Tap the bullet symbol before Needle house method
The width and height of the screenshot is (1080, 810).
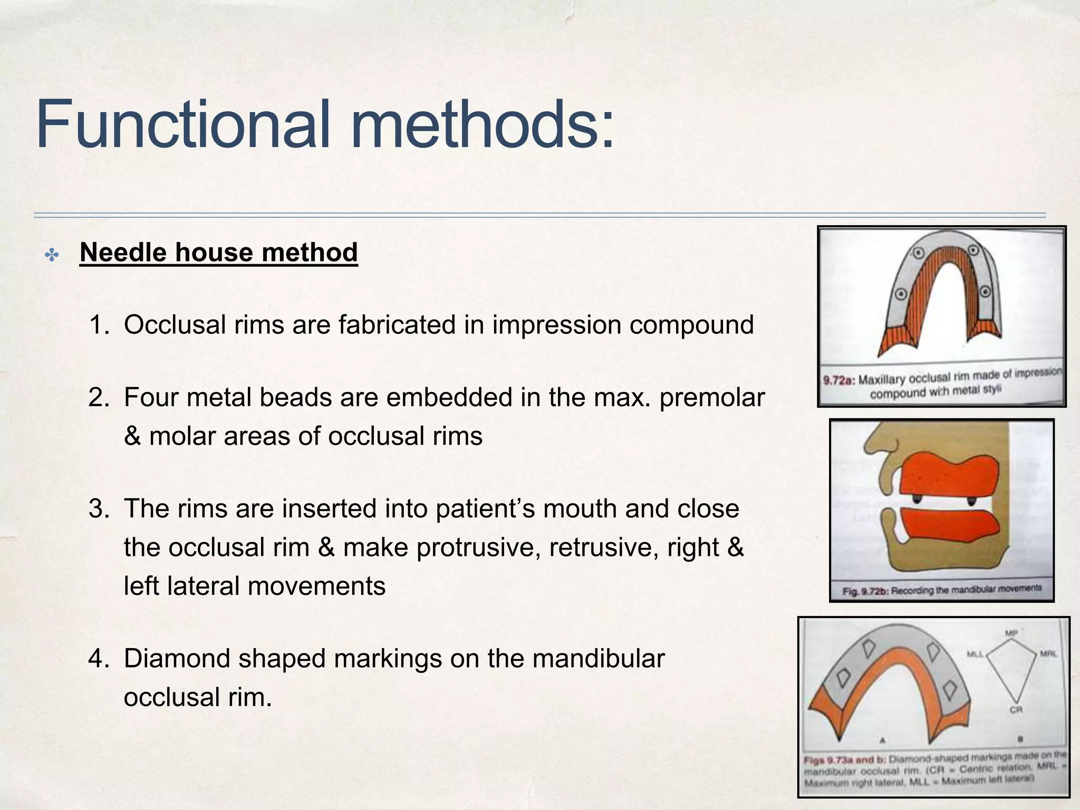pyautogui.click(x=52, y=256)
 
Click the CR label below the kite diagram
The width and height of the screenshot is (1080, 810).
pyautogui.click(x=1016, y=710)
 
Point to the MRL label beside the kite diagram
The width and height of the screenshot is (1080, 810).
pyautogui.click(x=1048, y=654)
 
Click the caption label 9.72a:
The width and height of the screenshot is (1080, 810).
pyautogui.click(x=839, y=380)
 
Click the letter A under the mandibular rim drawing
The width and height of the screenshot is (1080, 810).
pyautogui.click(x=882, y=740)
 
